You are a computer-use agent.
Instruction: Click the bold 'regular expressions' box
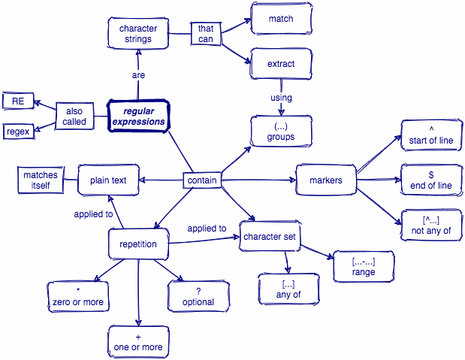coord(137,116)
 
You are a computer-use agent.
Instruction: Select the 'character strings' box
coord(138,34)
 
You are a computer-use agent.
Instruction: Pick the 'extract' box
coord(280,64)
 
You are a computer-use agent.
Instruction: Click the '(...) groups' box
coord(280,132)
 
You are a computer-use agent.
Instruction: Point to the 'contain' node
coord(202,180)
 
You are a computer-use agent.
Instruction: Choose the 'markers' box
coord(325,180)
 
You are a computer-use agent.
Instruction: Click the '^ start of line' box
coord(431,135)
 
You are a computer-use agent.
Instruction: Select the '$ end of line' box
coord(431,180)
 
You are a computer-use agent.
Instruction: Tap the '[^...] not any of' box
coord(431,225)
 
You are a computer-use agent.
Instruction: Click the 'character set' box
coord(270,237)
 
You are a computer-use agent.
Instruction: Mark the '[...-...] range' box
coord(363,267)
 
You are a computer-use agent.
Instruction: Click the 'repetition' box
coord(138,244)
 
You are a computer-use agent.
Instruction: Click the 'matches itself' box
coord(40,180)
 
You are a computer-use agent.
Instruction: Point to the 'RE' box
coord(18,101)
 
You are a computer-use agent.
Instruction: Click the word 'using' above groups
coord(281,98)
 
